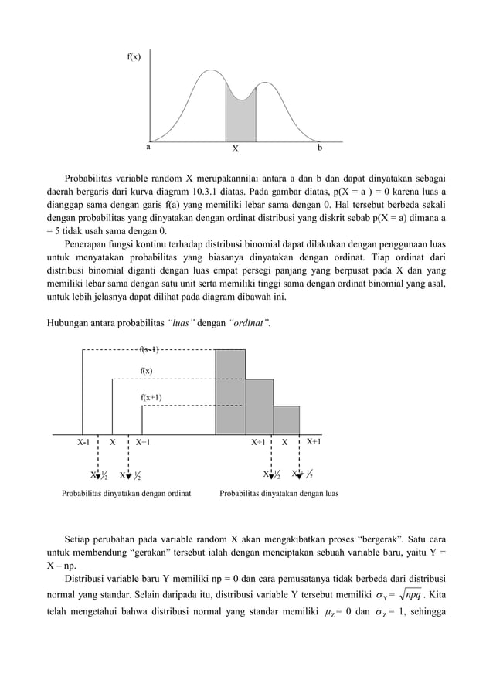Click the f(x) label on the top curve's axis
(134, 56)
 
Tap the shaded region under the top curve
(240, 120)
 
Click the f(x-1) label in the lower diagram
(151, 350)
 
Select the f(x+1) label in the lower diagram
(151, 397)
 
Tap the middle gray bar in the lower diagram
(259, 406)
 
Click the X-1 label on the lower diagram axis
(83, 443)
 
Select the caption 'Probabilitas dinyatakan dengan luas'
(279, 491)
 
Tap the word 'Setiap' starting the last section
(79, 538)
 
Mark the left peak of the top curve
(209, 71)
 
